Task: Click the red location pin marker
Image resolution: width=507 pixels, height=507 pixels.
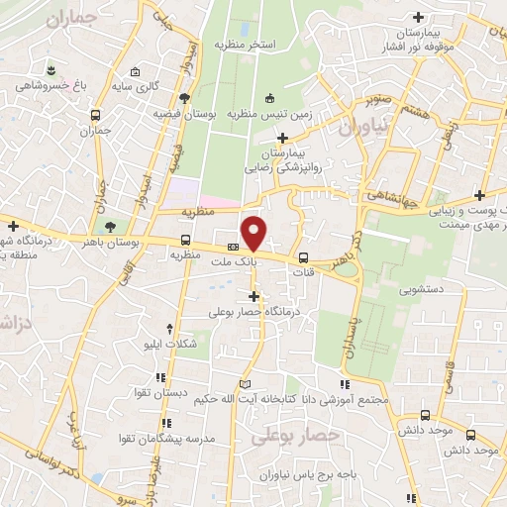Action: (x=254, y=233)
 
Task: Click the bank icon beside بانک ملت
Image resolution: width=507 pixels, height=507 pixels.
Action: (x=233, y=247)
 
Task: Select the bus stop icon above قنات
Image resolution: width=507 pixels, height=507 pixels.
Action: (x=303, y=257)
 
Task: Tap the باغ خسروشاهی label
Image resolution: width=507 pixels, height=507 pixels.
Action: (x=51, y=85)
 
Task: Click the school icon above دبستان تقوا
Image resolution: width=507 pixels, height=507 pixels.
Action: (x=159, y=375)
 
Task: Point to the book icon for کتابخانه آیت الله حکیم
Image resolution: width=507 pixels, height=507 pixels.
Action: (x=245, y=383)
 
